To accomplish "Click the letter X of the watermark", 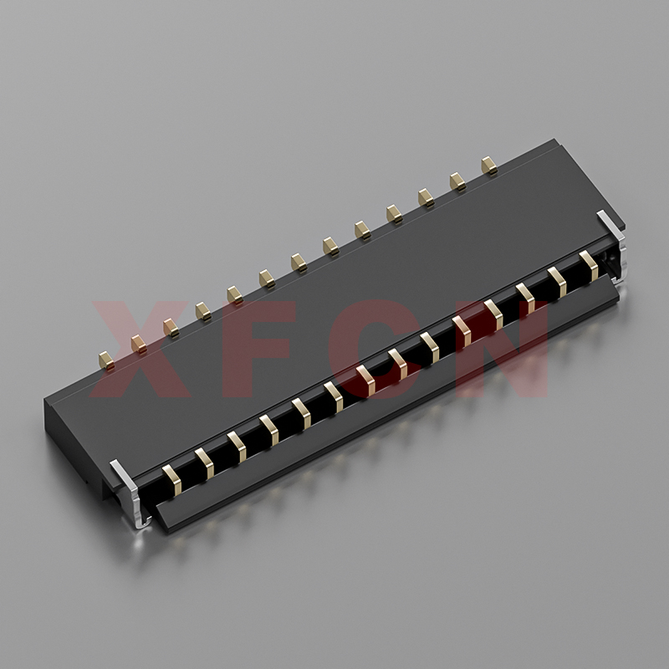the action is (x=140, y=349).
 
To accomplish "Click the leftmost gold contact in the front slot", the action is (x=172, y=480).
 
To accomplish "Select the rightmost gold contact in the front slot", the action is (x=589, y=266).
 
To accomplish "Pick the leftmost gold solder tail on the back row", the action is (x=106, y=360).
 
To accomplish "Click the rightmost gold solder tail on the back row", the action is (x=489, y=166).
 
